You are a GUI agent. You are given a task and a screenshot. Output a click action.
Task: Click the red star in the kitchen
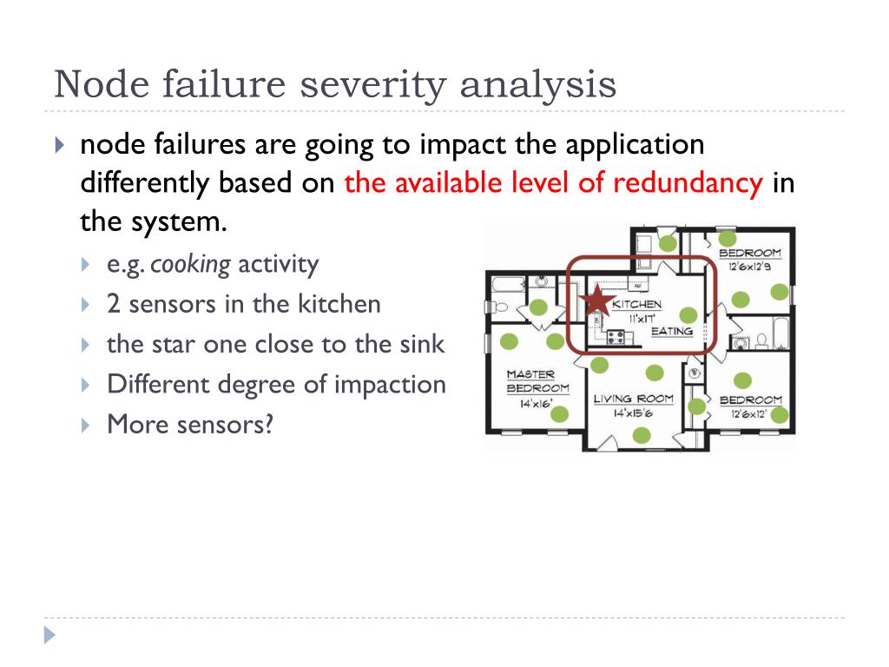point(596,301)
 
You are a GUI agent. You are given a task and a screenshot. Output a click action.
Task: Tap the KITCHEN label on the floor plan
point(636,305)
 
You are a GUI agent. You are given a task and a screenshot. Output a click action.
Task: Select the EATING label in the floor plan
point(671,331)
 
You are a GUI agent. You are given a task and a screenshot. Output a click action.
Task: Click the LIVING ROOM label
point(634,400)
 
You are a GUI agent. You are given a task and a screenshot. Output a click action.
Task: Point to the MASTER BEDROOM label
point(537,381)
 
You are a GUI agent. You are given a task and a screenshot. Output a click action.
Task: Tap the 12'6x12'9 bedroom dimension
point(750,267)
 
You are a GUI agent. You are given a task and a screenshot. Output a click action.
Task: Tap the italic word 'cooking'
point(190,265)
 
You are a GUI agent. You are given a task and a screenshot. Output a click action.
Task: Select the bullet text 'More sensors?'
point(189,425)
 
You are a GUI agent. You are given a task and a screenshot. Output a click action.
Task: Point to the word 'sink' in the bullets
point(423,345)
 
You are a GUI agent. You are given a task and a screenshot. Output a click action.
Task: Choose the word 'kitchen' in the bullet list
point(339,305)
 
